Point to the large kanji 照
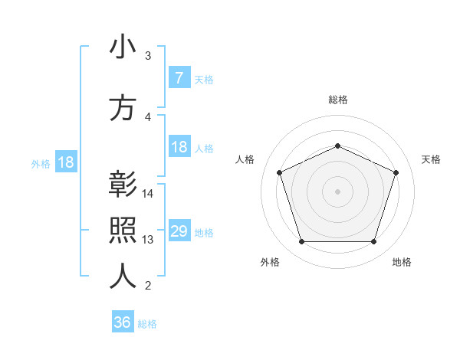pyautogui.click(x=123, y=231)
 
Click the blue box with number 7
pyautogui.click(x=179, y=78)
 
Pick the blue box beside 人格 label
pyautogui.click(x=179, y=147)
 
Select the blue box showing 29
pyautogui.click(x=179, y=231)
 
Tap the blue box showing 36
pyautogui.click(x=123, y=322)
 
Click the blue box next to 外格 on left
pyautogui.click(x=65, y=162)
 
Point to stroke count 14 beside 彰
pyautogui.click(x=149, y=193)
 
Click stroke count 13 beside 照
pyautogui.click(x=149, y=239)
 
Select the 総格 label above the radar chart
pyautogui.click(x=337, y=100)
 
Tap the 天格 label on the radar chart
pyautogui.click(x=431, y=159)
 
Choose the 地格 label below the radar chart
pyautogui.click(x=402, y=262)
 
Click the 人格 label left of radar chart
pyautogui.click(x=245, y=159)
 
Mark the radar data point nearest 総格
pyautogui.click(x=337, y=146)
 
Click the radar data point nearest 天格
pyautogui.click(x=396, y=172)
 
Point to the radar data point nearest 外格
pyautogui.click(x=301, y=242)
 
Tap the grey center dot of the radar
pyautogui.click(x=337, y=191)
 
